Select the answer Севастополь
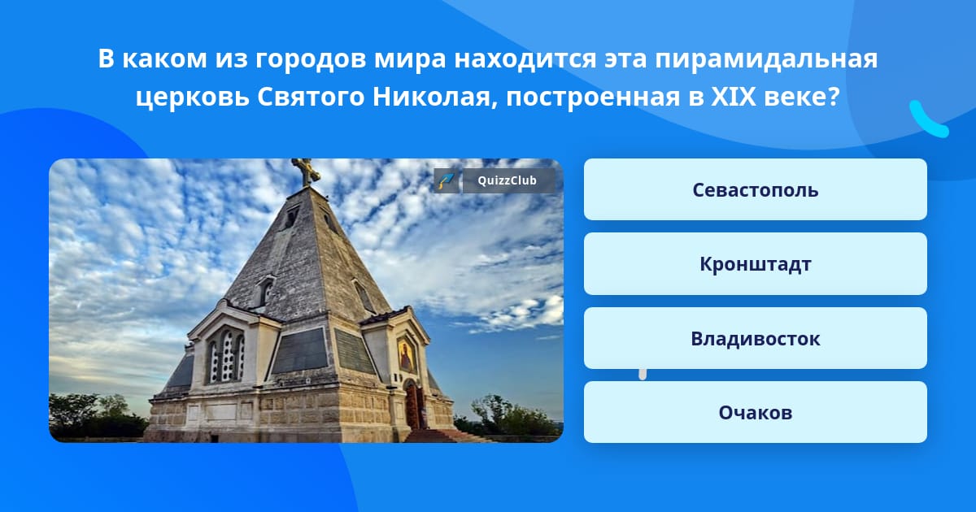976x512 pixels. [755, 189]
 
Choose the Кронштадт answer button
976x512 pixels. [755, 264]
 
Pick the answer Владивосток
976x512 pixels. [755, 338]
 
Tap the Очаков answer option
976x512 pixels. [755, 412]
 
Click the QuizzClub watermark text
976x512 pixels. [507, 180]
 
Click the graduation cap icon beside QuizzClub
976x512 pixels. [447, 180]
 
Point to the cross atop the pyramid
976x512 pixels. [306, 172]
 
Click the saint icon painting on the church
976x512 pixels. [406, 355]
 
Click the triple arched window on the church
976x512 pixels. [226, 355]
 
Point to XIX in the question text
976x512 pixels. [734, 96]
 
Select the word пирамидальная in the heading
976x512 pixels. [766, 59]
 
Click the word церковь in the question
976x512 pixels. [192, 98]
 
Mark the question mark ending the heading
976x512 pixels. [833, 96]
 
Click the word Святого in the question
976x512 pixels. [310, 97]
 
